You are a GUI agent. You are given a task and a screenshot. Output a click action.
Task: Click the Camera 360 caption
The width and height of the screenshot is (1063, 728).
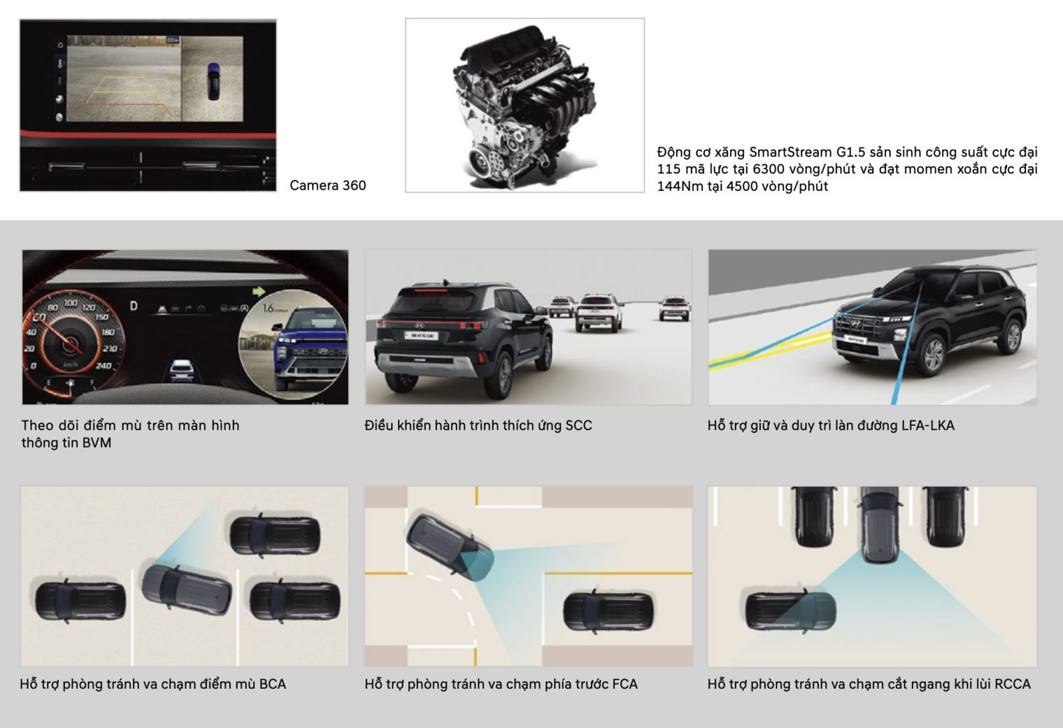[x=328, y=185]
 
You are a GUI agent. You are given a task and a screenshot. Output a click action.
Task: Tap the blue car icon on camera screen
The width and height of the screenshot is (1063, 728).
[x=214, y=81]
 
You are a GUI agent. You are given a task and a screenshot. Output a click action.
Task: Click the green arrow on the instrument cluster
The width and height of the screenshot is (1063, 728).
[x=259, y=291]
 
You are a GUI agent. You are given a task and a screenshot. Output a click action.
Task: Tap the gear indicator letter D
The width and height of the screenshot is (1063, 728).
[x=134, y=306]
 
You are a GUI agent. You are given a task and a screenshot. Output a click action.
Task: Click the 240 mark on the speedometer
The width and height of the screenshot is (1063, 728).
[x=103, y=366]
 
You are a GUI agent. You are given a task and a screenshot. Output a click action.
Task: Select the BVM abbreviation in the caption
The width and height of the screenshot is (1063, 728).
[x=97, y=443]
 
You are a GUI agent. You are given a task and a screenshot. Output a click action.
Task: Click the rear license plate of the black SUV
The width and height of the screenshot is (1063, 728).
[x=421, y=336]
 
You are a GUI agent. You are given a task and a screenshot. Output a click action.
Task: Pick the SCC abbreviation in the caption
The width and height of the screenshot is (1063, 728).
[x=578, y=425]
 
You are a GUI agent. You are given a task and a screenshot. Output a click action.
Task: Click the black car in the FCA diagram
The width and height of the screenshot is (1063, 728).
[x=608, y=611]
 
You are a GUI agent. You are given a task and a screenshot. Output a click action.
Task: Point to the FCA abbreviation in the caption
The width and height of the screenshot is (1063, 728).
[x=625, y=684]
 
